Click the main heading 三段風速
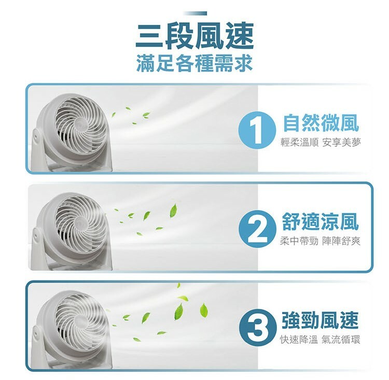(195, 36)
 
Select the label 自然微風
(320, 123)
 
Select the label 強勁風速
(320, 320)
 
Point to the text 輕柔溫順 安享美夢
(319, 143)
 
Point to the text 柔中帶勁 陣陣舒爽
(319, 241)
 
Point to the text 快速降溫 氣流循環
(319, 340)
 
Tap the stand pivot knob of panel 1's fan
(36, 136)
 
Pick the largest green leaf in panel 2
(173, 210)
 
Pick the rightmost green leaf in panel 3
(204, 310)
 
